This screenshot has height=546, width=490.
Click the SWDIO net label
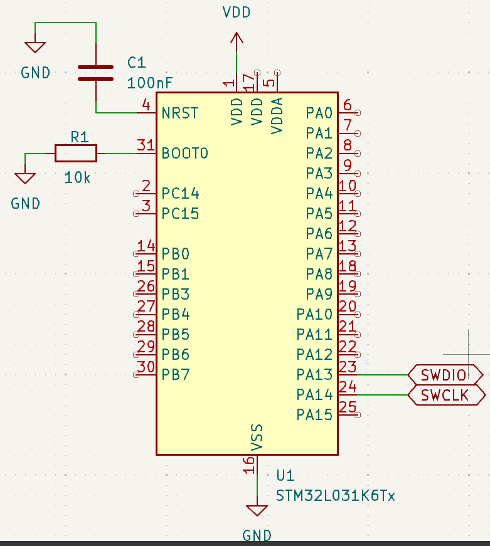444,375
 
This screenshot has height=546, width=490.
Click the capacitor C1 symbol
95,73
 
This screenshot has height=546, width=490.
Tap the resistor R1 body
76,153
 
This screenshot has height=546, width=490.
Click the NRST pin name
179,113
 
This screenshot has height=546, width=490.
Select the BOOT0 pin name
184,153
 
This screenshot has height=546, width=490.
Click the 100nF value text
150,83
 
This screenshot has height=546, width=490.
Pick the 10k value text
77,178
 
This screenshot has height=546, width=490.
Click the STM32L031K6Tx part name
336,496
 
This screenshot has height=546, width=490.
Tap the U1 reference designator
285,475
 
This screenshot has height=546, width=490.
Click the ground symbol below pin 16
257,510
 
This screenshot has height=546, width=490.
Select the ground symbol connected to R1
25,177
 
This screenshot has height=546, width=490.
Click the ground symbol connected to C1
35,47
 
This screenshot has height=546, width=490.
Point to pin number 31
146,145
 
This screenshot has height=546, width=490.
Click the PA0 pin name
319,113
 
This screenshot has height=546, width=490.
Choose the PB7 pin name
175,374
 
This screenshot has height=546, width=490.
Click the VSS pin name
257,437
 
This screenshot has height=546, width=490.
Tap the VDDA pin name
277,115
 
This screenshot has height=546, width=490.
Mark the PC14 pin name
180,193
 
